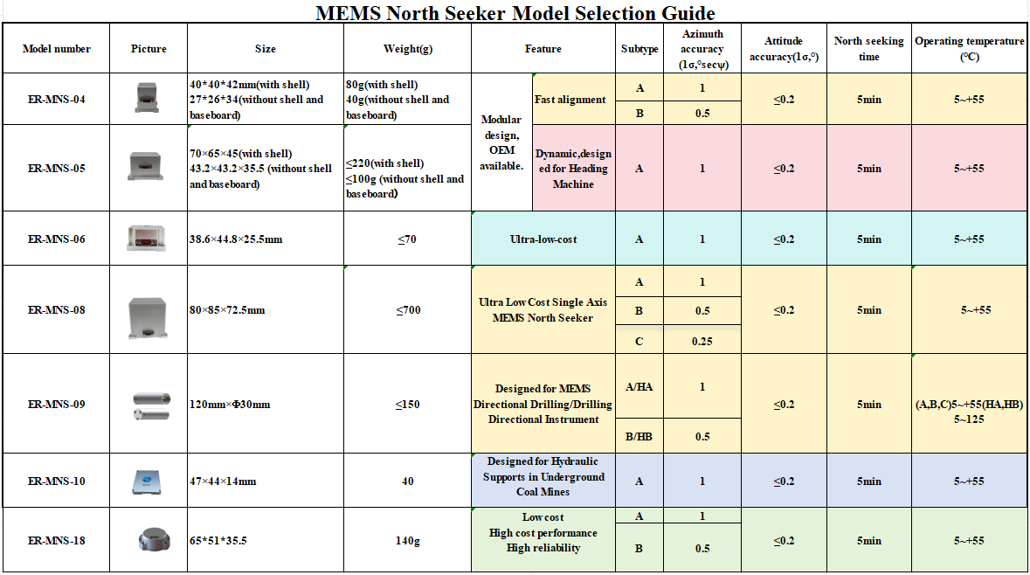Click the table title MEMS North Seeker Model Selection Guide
tap(515, 12)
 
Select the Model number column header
tap(57, 49)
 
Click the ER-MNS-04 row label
tap(57, 100)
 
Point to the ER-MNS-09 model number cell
tap(57, 405)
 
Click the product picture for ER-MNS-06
tap(149, 239)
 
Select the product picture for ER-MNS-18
tap(149, 540)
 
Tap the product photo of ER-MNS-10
tap(149, 481)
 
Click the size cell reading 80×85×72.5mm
tap(227, 310)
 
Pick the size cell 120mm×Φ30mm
tap(231, 405)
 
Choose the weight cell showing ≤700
tap(407, 310)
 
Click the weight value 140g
tap(407, 541)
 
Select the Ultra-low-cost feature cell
tap(543, 239)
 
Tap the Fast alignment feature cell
tap(570, 100)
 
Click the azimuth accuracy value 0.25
tap(702, 341)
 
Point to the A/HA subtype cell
tap(639, 387)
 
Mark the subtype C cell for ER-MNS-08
tap(639, 341)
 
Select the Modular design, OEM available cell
tap(501, 142)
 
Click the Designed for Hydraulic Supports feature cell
tap(543, 476)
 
